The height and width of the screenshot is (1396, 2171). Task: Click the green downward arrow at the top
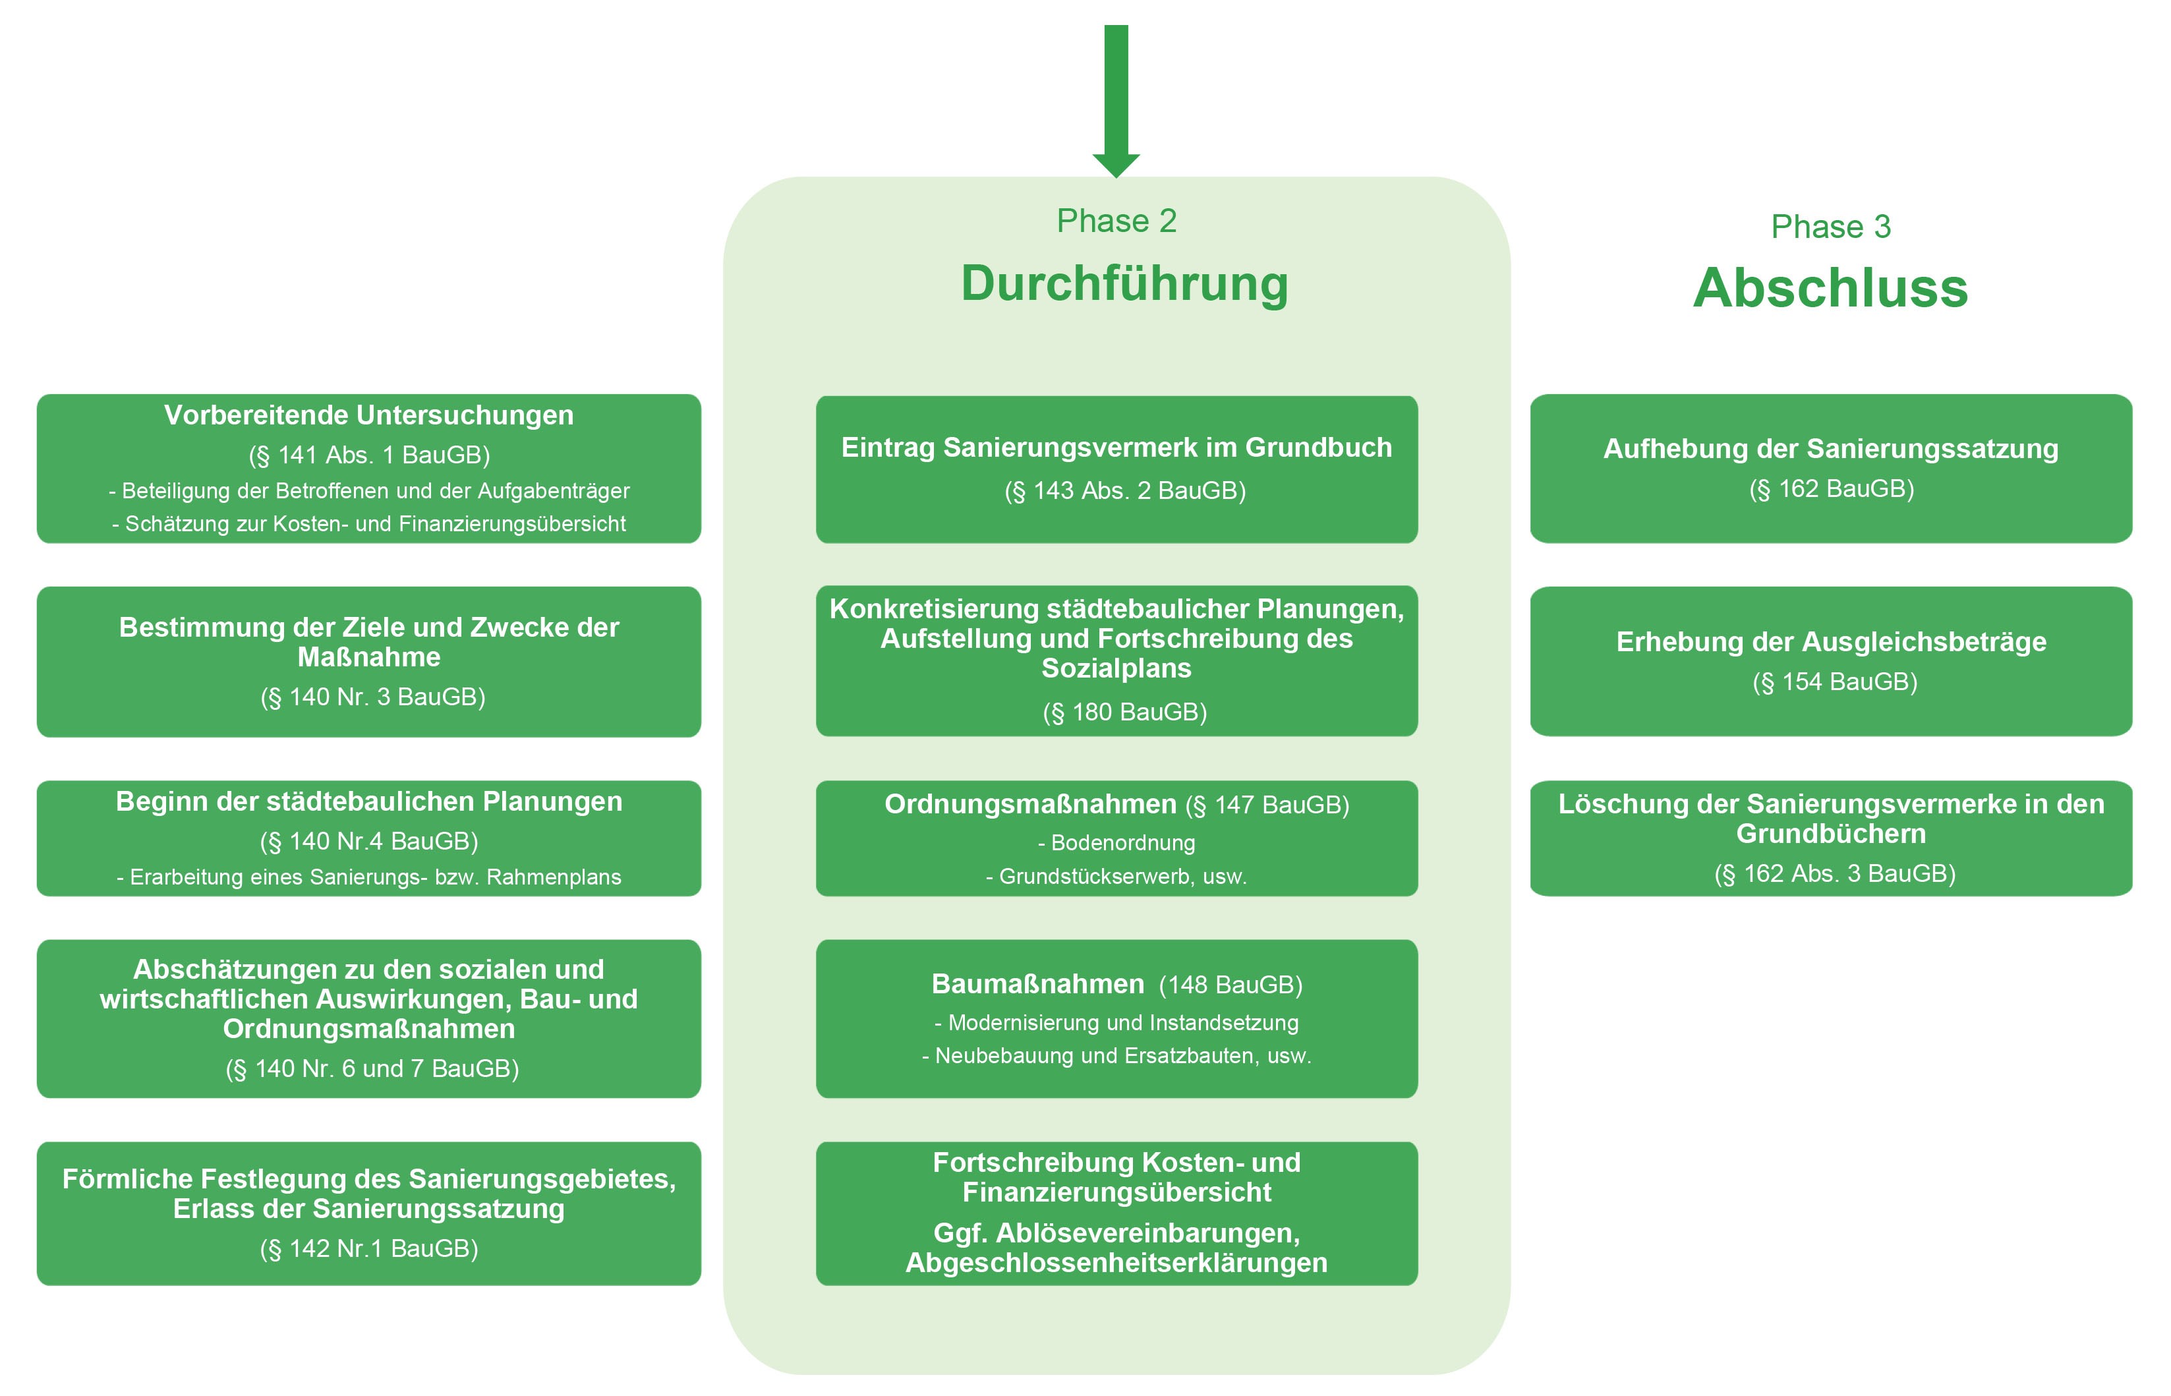1116,100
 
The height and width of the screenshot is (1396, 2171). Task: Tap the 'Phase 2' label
1116,221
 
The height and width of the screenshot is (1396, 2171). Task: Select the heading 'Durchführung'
1124,283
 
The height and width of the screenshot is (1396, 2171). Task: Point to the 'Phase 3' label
1830,227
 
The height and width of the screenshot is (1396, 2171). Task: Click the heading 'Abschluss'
1830,288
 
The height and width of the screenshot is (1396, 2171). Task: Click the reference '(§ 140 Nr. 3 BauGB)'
372,697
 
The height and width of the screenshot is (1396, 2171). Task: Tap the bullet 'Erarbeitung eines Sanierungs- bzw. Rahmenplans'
369,877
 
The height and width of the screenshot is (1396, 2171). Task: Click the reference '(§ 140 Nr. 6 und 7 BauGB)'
372,1069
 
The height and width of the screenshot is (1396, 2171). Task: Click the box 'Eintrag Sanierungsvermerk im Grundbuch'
1116,469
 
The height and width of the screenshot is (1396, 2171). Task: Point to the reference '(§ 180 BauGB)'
1124,713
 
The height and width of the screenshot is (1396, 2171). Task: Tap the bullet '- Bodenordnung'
1116,843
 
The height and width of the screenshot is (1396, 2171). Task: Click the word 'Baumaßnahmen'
1037,985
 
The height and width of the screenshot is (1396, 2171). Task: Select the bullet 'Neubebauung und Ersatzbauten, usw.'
1116,1056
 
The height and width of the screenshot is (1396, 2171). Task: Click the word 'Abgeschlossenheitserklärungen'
1116,1263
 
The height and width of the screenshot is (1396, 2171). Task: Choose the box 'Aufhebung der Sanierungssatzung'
1830,468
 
